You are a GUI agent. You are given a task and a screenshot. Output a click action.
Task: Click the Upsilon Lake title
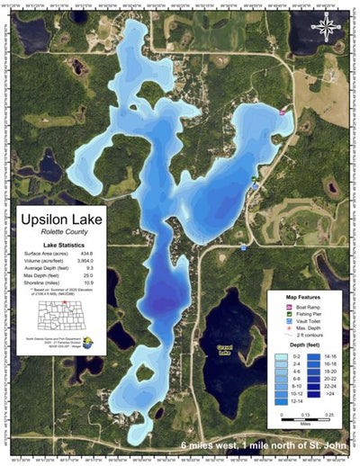click(61, 220)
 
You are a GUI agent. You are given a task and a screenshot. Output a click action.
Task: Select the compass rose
click(321, 28)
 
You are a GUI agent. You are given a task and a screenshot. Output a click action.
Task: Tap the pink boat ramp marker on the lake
click(283, 112)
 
